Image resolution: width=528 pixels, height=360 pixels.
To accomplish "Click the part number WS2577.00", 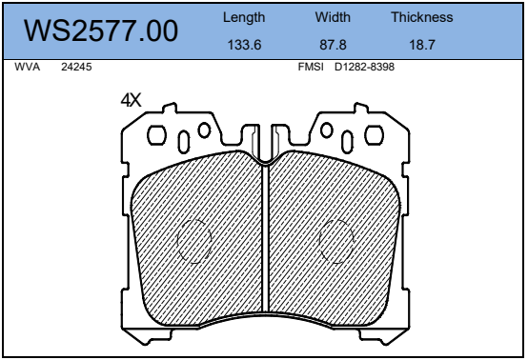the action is pos(101,30).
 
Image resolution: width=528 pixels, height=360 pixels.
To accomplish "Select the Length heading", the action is pos(244,17).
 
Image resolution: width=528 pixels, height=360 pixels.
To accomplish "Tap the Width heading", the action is pos(333,17).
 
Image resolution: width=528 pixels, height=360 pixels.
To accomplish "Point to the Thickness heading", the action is pos(422,17).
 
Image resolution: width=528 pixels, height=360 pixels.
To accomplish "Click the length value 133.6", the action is pos(244,45).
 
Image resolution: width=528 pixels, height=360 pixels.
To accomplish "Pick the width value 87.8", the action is pos(333,45).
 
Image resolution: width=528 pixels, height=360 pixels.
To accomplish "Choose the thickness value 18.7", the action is pos(422,45).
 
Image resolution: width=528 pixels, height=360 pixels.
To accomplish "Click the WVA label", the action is pos(28,67).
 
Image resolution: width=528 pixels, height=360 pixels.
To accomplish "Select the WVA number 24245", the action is pos(76,67).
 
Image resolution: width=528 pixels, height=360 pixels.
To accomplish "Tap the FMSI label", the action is pos(311,67).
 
